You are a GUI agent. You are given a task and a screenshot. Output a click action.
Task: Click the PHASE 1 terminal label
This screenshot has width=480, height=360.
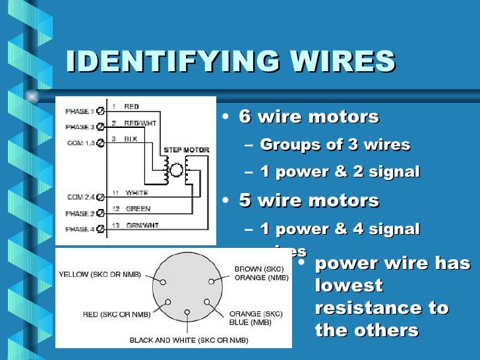[x=80, y=111]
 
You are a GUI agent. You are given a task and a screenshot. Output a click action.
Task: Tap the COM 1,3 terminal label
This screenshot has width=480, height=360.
[x=80, y=142]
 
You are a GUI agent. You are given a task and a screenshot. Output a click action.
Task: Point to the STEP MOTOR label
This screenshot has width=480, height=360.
[x=186, y=150]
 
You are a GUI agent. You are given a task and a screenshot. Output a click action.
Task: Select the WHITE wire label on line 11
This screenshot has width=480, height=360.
[x=136, y=193]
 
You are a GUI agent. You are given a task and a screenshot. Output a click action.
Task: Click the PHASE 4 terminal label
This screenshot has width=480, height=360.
[x=80, y=229]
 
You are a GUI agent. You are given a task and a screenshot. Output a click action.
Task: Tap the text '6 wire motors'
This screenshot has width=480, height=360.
[x=309, y=117]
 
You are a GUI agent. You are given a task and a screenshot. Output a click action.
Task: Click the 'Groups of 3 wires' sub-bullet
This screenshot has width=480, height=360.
[x=335, y=145]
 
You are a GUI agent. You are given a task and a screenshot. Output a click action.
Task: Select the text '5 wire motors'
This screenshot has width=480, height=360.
[x=309, y=200]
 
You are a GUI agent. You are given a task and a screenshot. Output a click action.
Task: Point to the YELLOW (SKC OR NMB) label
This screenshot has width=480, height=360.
[x=100, y=274]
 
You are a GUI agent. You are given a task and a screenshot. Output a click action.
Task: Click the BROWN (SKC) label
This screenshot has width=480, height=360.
[x=258, y=269]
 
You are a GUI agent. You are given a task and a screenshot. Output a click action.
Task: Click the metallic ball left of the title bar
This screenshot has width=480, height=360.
[x=31, y=96]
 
